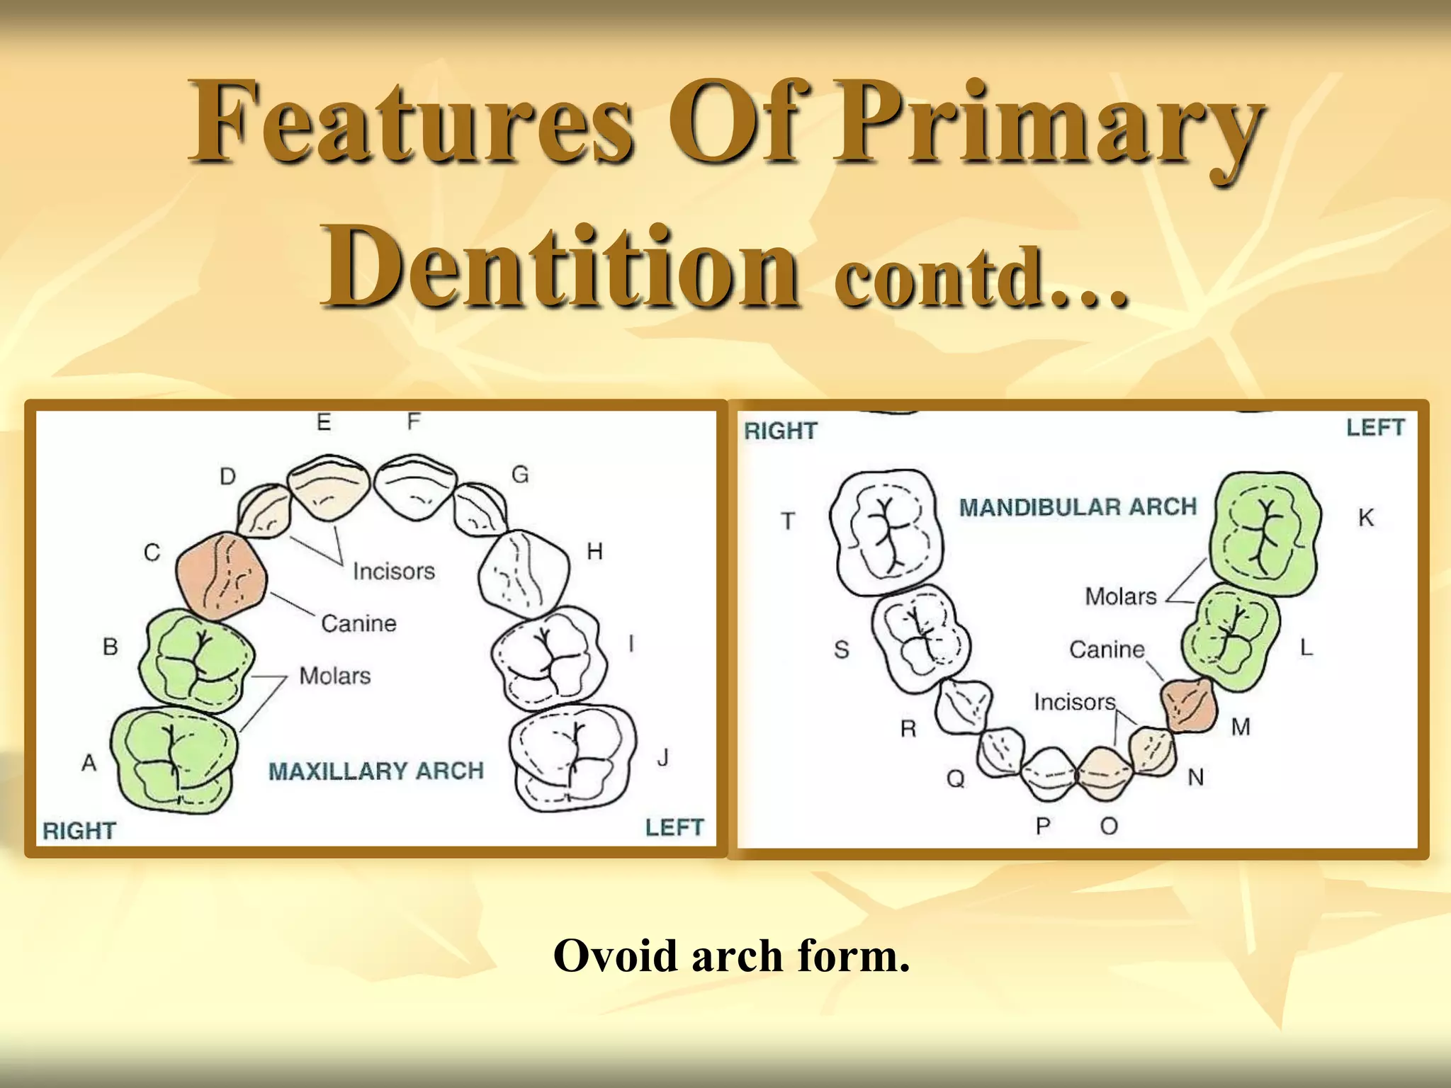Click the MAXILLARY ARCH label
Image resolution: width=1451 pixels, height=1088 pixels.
tap(376, 771)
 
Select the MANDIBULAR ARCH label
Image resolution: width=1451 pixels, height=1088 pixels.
tap(1078, 507)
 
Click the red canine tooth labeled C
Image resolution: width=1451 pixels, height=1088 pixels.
tap(221, 575)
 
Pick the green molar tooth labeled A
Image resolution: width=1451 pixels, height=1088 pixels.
tap(174, 758)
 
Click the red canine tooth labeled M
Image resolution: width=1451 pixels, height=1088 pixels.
tap(1189, 705)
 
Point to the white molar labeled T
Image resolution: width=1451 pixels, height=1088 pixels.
tap(887, 531)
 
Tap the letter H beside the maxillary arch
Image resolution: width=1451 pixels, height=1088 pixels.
tap(594, 551)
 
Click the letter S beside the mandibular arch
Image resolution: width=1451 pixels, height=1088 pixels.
tap(841, 649)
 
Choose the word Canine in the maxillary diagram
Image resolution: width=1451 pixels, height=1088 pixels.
tap(358, 623)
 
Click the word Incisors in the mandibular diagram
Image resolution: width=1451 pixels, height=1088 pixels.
tap(1074, 702)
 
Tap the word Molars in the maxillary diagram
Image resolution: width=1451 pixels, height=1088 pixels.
tap(334, 676)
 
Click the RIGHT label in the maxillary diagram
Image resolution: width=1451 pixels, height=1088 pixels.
tap(79, 830)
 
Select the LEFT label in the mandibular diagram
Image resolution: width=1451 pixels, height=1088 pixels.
tap(1374, 428)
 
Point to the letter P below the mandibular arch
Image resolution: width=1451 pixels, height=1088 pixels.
tap(1042, 826)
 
